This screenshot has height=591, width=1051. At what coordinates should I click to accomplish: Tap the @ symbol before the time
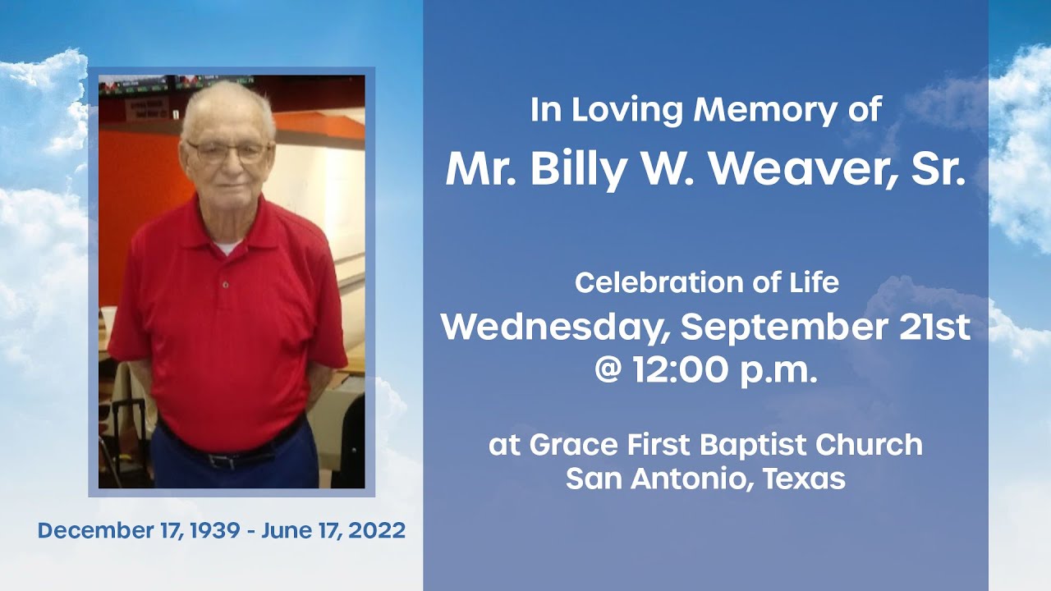[609, 370]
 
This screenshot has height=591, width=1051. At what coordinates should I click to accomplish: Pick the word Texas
[804, 479]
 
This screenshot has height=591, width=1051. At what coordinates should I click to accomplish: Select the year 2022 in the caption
[377, 530]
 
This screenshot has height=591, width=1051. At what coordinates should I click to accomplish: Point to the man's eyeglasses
[227, 151]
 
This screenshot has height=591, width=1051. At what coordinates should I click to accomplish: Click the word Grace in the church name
[573, 445]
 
